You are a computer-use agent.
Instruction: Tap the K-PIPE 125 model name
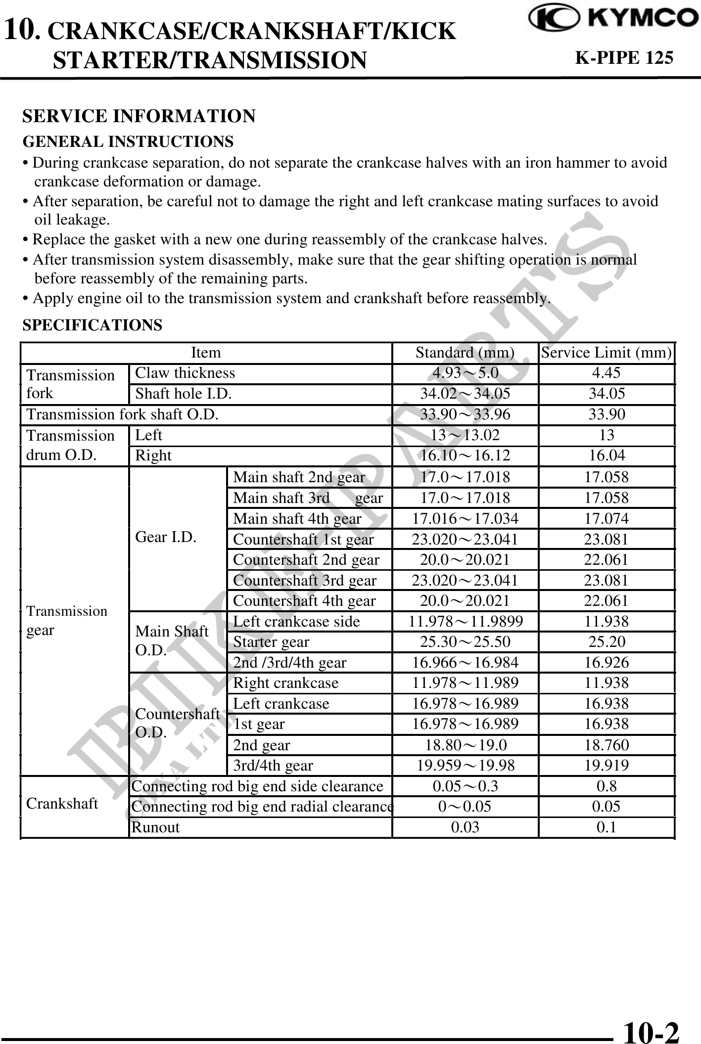(623, 58)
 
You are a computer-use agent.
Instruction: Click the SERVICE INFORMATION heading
(139, 116)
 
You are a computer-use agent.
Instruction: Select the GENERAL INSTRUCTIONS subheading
(128, 142)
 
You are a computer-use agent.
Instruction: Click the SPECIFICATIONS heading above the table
(93, 325)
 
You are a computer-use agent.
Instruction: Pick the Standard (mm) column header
(465, 353)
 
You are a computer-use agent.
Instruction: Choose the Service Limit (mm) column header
(607, 353)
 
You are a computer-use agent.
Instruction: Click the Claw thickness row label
(185, 373)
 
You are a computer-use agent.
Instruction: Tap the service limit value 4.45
(607, 373)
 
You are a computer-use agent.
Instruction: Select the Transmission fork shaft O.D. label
(122, 414)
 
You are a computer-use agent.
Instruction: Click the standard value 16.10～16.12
(465, 455)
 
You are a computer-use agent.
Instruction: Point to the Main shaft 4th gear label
(297, 518)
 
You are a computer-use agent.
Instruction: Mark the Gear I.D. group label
(166, 537)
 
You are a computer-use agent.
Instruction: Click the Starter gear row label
(271, 642)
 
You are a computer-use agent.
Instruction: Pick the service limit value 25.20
(607, 642)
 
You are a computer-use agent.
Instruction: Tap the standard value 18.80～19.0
(465, 745)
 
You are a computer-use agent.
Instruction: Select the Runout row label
(155, 827)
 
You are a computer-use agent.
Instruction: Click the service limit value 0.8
(607, 786)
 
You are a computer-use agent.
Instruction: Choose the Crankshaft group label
(62, 804)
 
